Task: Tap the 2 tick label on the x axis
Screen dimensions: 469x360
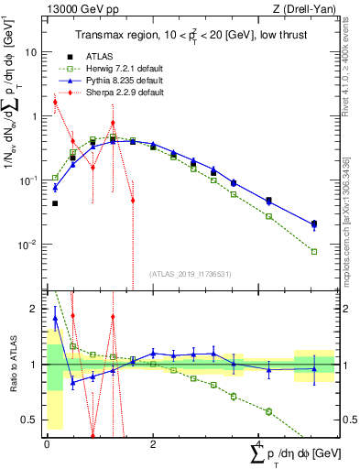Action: (x=153, y=443)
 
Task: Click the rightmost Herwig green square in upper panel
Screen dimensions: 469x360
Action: (x=314, y=252)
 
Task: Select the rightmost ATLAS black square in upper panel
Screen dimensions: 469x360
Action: (x=314, y=224)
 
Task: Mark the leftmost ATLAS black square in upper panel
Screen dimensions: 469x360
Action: (x=55, y=203)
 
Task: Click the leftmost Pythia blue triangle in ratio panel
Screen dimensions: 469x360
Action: (x=55, y=319)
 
